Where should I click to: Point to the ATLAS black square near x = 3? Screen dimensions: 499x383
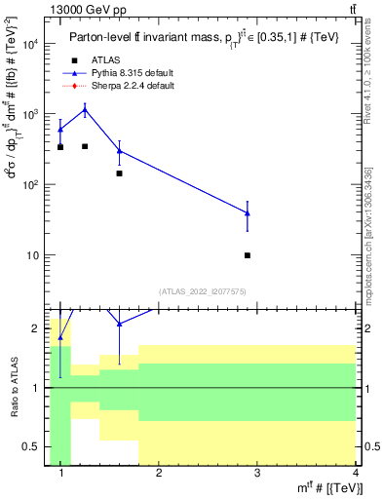pyautogui.click(x=248, y=255)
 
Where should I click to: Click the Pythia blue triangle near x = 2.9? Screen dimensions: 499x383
pyautogui.click(x=248, y=212)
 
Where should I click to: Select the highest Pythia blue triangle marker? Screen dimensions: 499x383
pyautogui.click(x=85, y=110)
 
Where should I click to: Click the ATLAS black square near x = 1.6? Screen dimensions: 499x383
pyautogui.click(x=119, y=173)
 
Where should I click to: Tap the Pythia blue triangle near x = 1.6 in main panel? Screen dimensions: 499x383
pyautogui.click(x=119, y=150)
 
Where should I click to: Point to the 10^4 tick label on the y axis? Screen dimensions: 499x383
pyautogui.click(x=29, y=44)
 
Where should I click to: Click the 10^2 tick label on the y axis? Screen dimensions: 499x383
pyautogui.click(x=29, y=185)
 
